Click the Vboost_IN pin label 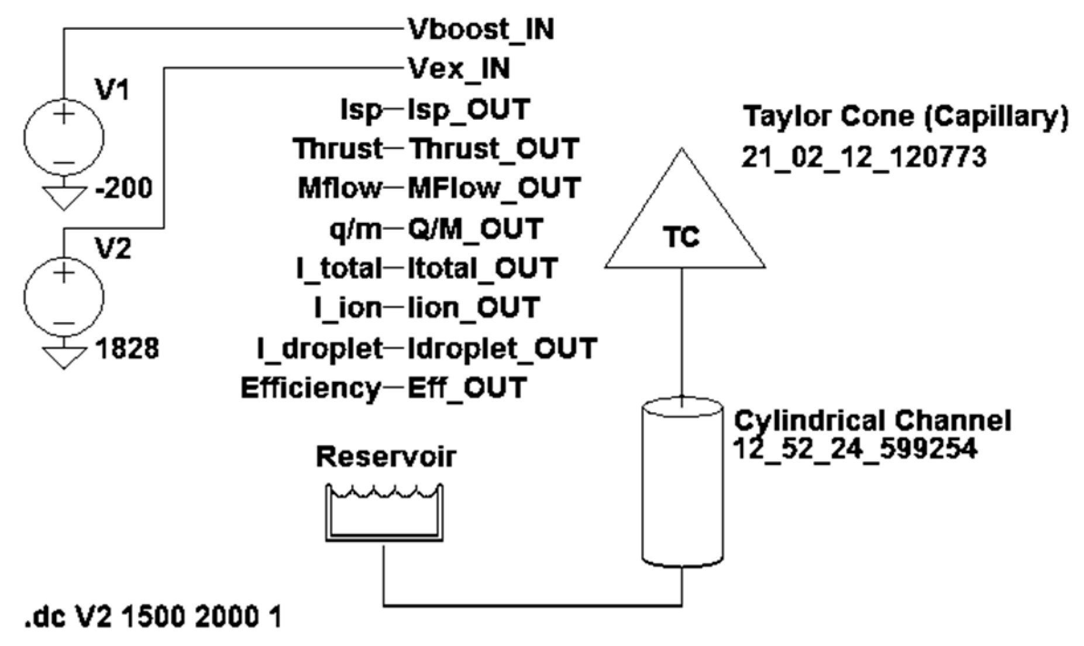pyautogui.click(x=480, y=29)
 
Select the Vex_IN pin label pyautogui.click(x=458, y=68)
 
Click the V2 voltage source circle pyautogui.click(x=64, y=297)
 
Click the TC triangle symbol pyautogui.click(x=684, y=228)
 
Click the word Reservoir pyautogui.click(x=386, y=457)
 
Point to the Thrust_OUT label pyautogui.click(x=493, y=149)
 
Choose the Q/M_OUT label pyautogui.click(x=475, y=229)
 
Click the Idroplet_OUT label pyautogui.click(x=502, y=348)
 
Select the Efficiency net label pyautogui.click(x=311, y=388)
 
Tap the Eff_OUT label pyautogui.click(x=467, y=388)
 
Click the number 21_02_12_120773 pyautogui.click(x=863, y=157)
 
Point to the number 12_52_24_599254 pyautogui.click(x=855, y=449)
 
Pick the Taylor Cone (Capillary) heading pyautogui.click(x=905, y=117)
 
